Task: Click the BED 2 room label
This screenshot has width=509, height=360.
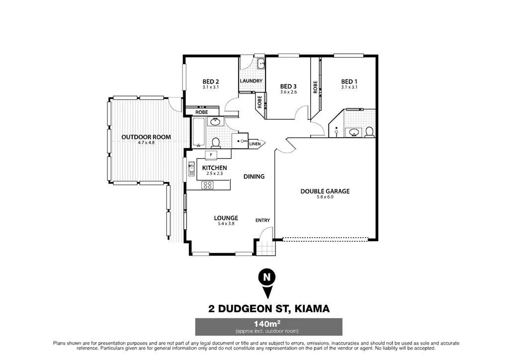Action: tap(211, 82)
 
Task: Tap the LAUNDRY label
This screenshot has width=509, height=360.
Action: tap(251, 81)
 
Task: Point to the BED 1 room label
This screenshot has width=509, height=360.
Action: tap(349, 82)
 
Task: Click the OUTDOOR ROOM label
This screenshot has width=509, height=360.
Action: tap(146, 137)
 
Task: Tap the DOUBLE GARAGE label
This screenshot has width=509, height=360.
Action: tap(325, 191)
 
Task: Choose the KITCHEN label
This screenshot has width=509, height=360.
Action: tap(214, 168)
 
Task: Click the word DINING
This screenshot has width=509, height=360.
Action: tap(254, 177)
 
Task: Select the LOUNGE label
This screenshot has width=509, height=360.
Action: tap(226, 218)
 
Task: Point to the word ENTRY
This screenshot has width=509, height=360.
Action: tap(262, 220)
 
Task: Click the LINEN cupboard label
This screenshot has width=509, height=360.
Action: tap(254, 144)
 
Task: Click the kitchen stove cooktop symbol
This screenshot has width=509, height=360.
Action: tap(207, 185)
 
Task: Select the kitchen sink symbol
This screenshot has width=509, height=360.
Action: tap(191, 171)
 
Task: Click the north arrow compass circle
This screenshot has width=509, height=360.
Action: tap(267, 277)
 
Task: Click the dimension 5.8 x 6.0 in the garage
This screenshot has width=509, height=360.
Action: tap(325, 197)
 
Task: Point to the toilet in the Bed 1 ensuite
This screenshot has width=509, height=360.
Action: tap(369, 132)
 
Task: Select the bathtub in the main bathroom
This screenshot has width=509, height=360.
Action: tap(199, 133)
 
